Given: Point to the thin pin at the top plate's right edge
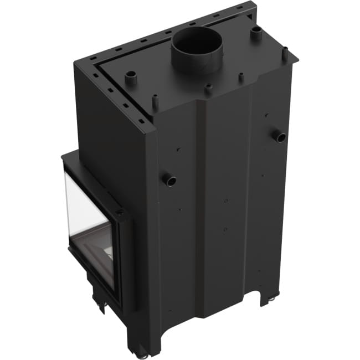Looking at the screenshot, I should [x=285, y=54].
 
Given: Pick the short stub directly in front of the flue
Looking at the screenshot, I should [x=208, y=89].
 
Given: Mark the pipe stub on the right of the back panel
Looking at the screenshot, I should [x=280, y=136].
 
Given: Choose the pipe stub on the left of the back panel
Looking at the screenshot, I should [x=168, y=179].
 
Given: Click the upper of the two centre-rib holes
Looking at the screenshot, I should [x=225, y=199].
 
